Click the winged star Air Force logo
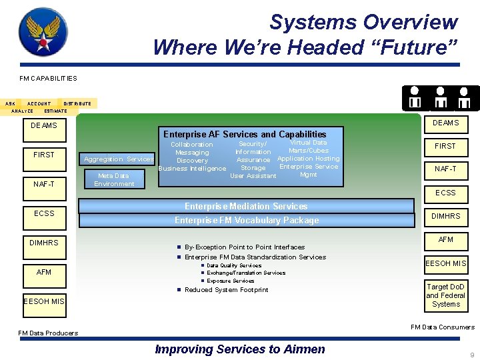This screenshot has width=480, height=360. (x=43, y=32)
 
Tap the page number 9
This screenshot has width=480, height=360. (x=472, y=355)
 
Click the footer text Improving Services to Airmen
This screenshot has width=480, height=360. (x=240, y=349)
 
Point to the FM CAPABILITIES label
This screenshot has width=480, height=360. (x=47, y=78)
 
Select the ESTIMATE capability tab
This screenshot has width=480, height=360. (x=55, y=111)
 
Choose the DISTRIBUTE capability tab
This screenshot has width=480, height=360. (x=77, y=103)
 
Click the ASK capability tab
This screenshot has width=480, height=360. (x=10, y=103)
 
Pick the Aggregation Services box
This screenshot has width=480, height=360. (x=119, y=159)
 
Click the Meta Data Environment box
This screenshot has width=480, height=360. (x=114, y=179)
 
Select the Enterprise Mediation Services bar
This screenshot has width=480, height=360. (x=246, y=206)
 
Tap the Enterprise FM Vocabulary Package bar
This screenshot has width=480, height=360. (x=247, y=220)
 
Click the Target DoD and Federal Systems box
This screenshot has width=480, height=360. (x=446, y=295)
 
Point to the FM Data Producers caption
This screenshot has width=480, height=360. (x=48, y=333)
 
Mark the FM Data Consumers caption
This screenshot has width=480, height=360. (x=443, y=327)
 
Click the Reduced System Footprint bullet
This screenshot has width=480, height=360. (x=226, y=289)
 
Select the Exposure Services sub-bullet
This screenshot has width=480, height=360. (x=231, y=281)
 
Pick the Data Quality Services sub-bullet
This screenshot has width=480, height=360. (x=234, y=265)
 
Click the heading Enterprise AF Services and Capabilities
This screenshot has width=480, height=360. (x=245, y=134)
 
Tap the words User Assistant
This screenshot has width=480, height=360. (x=253, y=176)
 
